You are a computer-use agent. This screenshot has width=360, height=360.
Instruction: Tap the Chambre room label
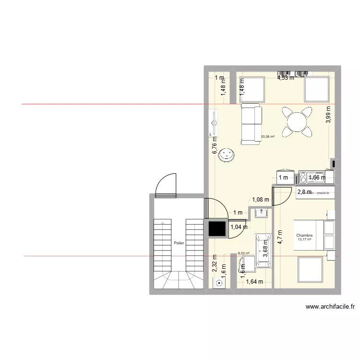(304, 235)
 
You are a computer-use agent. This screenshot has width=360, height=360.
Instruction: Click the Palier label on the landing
(179, 243)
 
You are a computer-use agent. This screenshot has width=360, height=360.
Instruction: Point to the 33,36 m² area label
(267, 137)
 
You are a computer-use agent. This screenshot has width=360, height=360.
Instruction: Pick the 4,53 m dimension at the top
(286, 77)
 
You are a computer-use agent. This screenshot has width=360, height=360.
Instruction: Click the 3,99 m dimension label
(328, 115)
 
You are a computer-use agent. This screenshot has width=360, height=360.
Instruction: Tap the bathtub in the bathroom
(264, 250)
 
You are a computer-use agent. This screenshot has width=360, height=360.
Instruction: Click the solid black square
(217, 229)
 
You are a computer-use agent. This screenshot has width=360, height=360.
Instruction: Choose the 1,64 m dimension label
(254, 282)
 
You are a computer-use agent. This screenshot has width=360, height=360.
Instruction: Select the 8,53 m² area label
(244, 253)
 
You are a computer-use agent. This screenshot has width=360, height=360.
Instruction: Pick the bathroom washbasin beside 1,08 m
(262, 212)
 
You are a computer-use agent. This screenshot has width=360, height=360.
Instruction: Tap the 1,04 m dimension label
(239, 227)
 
